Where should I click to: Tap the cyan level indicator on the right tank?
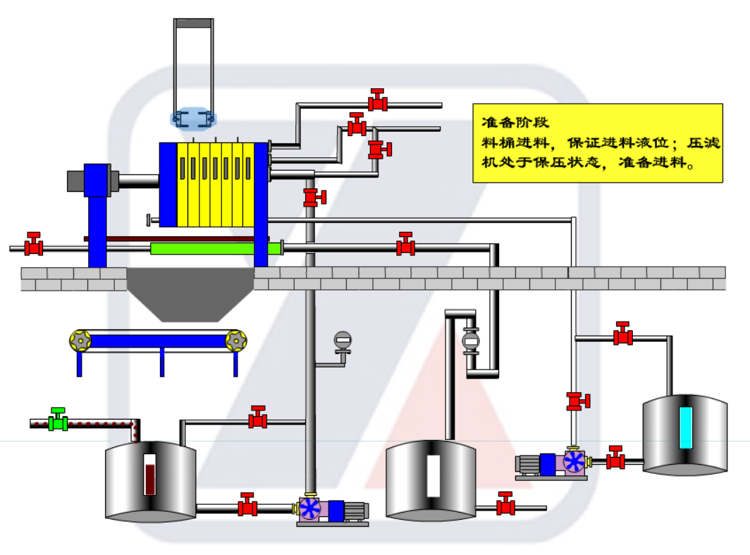pyautogui.click(x=685, y=427)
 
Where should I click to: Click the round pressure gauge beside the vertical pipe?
pyautogui.click(x=343, y=341)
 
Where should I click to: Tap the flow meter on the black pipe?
pyautogui.click(x=470, y=341)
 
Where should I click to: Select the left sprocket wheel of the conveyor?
pyautogui.click(x=80, y=341)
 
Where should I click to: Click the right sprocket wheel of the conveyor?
pyautogui.click(x=236, y=341)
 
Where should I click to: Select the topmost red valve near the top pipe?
pyautogui.click(x=379, y=102)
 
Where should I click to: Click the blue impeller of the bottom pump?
pyautogui.click(x=310, y=508)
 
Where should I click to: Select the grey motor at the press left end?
pyautogui.click(x=75, y=181)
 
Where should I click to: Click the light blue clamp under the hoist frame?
pyautogui.click(x=193, y=118)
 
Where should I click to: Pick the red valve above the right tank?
pyautogui.click(x=622, y=335)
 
